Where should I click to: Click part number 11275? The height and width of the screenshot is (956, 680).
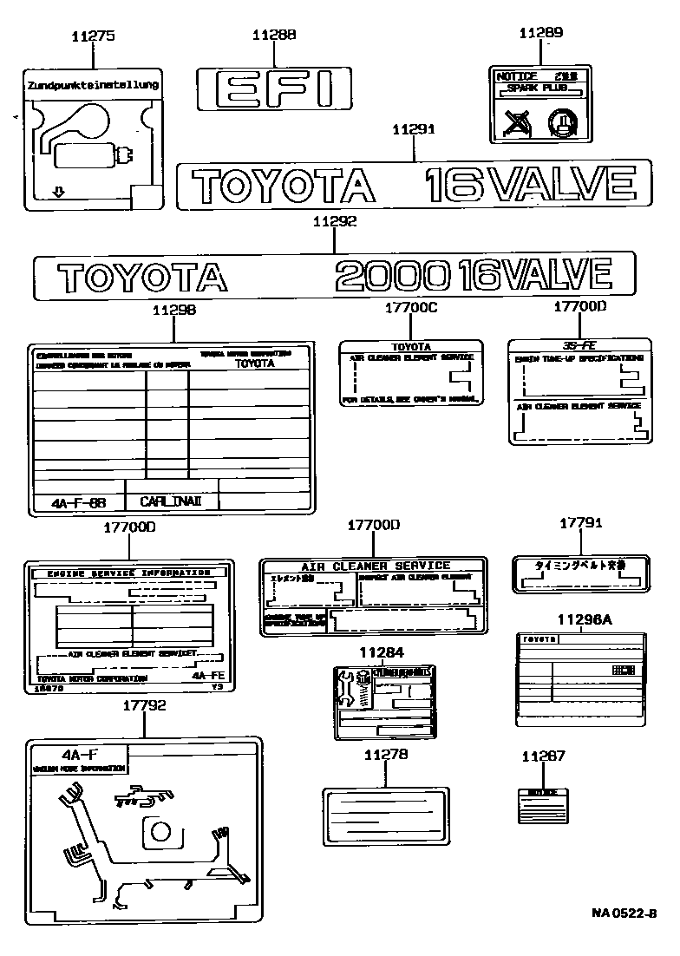pos(92,36)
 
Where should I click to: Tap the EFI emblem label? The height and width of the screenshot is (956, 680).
pos(274,89)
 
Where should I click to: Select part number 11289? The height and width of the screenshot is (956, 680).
pos(541,33)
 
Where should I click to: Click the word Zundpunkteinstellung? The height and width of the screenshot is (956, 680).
pos(93,85)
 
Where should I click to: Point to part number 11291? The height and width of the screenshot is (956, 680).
pos(413,129)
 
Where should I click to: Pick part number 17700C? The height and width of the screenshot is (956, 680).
pos(409,308)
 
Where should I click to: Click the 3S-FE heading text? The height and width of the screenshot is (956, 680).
pos(579,344)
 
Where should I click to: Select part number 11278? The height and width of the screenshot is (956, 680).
pos(385,755)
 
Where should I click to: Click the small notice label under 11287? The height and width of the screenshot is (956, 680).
pos(543,806)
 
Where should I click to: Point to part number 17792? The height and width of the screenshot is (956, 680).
pos(145,706)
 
